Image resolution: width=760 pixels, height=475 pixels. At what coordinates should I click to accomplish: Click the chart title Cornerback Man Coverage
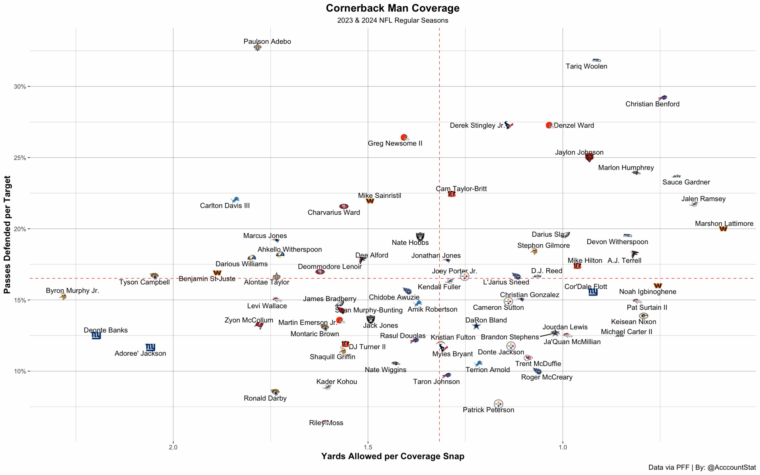(392, 8)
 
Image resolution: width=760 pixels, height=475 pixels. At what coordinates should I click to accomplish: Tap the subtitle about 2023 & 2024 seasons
(392, 20)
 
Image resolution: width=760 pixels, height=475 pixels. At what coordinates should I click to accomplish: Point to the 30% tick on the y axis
(20, 86)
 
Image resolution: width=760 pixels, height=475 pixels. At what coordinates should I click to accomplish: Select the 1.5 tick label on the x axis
(368, 447)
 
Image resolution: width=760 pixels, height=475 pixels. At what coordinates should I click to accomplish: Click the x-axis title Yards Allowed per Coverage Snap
(392, 456)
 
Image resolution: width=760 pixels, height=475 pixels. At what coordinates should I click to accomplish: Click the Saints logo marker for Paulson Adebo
(257, 47)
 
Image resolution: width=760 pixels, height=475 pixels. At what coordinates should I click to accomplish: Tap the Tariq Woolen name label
(586, 66)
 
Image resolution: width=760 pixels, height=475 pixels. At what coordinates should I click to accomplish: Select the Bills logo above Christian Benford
(663, 98)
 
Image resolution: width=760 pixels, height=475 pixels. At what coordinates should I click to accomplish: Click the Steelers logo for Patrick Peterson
(498, 404)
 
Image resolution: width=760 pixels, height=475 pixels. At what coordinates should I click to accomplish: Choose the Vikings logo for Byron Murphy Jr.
(63, 296)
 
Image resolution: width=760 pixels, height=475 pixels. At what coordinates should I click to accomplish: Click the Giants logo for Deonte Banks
(96, 335)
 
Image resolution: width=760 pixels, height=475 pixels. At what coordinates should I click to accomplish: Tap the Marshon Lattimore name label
(724, 223)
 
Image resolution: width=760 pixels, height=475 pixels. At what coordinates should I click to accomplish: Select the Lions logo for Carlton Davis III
(235, 199)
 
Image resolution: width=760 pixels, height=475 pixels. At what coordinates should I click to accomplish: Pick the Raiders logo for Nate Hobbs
(420, 236)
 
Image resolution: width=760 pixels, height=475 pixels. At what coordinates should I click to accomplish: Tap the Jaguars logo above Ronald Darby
(275, 392)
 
